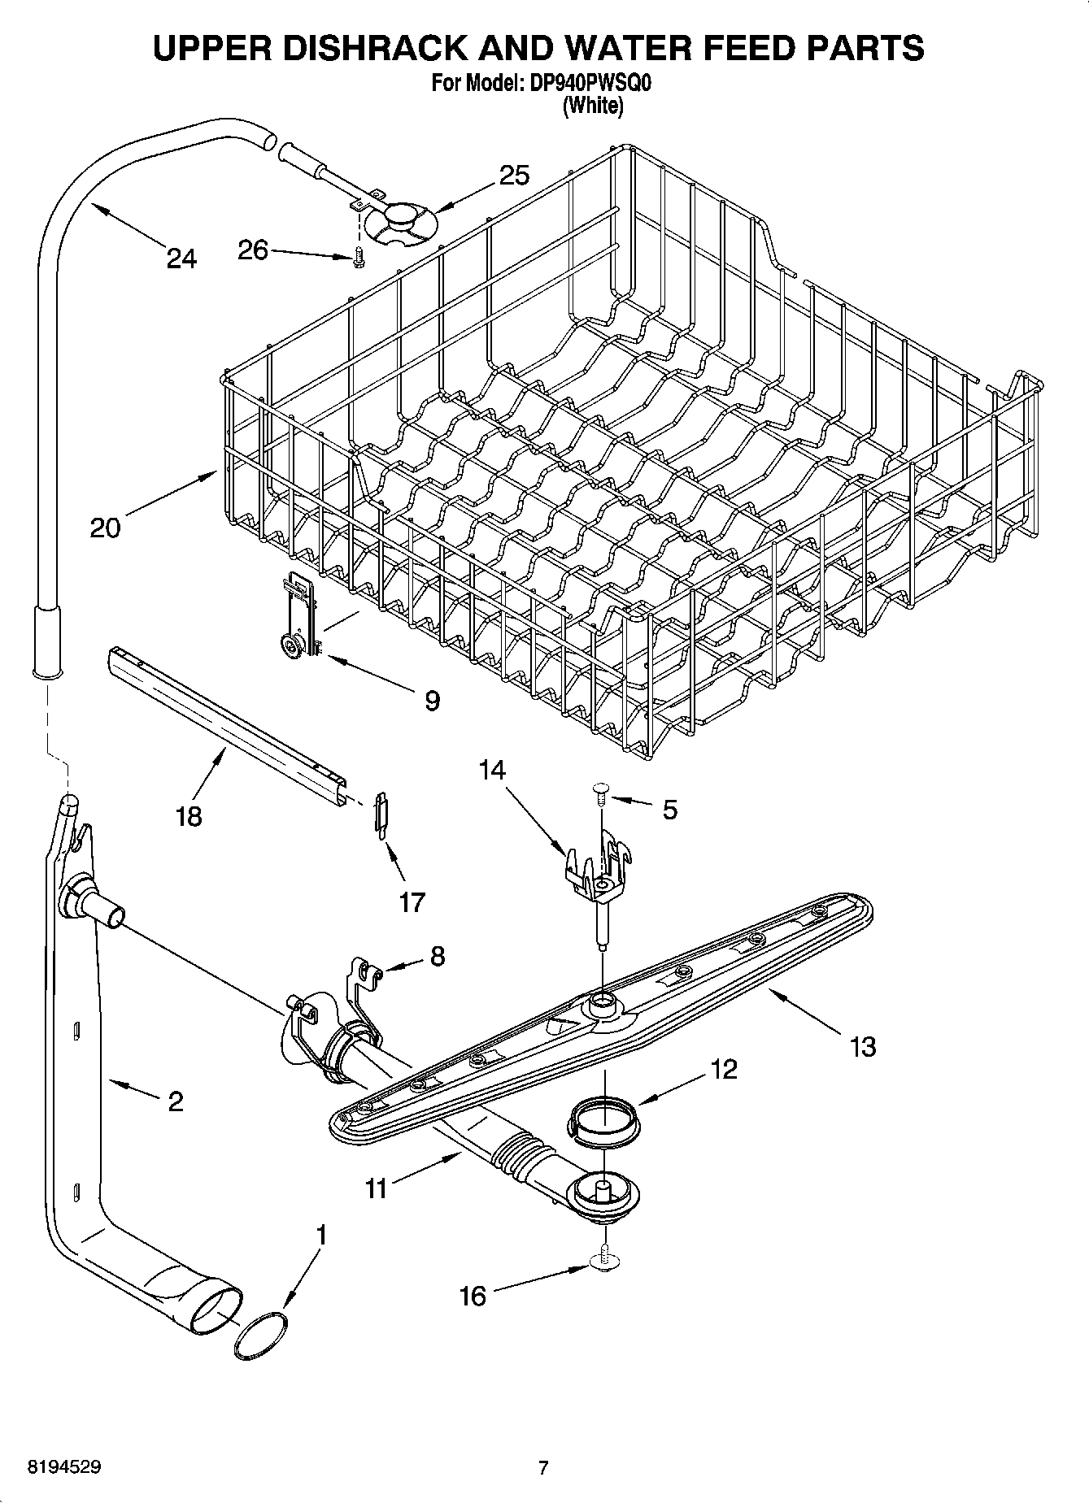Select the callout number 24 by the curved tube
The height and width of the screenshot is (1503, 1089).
(181, 258)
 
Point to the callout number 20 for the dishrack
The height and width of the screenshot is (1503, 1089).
(105, 528)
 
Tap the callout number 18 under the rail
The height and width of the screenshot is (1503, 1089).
(189, 815)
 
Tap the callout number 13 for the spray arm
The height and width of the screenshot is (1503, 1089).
(863, 1046)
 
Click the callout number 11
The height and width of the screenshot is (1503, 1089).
(376, 1189)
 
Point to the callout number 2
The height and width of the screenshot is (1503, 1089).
(175, 1101)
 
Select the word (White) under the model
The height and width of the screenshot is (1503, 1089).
(594, 106)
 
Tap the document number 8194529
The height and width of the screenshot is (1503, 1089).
(64, 1467)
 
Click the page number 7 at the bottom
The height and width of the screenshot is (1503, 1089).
(543, 1467)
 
